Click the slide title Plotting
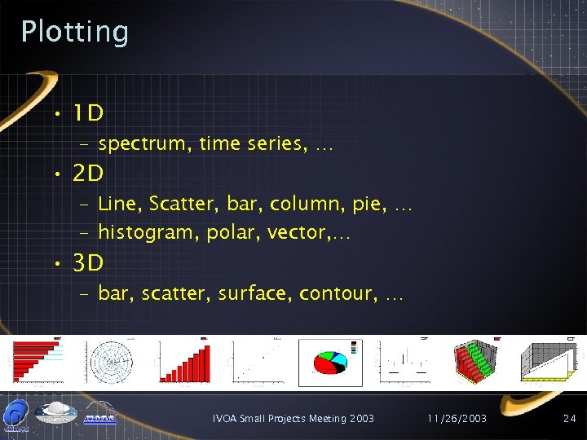point(75,32)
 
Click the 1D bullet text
point(87,112)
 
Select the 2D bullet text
point(88,174)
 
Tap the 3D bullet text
point(88,263)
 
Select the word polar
point(232,233)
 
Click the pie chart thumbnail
point(330,363)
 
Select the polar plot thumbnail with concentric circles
point(111,361)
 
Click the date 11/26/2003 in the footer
point(458,418)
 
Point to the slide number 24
point(569,418)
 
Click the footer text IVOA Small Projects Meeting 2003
point(293,418)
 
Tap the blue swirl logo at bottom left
point(16,413)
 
